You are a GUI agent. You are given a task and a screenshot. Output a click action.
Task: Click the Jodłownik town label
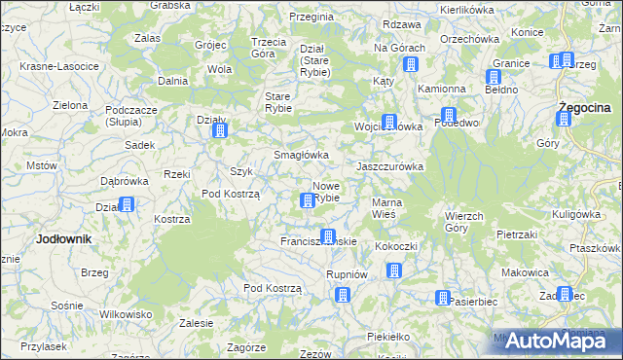[x=63, y=238]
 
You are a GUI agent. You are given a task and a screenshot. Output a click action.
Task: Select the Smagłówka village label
[x=301, y=155]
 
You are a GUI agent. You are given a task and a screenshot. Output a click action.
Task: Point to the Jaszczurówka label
[x=390, y=166]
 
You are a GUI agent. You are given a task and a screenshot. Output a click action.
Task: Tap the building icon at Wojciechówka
[x=390, y=123]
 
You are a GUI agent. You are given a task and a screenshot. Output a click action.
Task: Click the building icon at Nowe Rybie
[x=308, y=200]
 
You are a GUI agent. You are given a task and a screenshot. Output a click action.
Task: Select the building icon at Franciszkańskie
[x=328, y=236]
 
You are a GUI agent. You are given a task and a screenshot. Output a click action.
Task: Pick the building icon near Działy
[x=220, y=130]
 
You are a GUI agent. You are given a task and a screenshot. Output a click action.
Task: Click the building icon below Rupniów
[x=341, y=293]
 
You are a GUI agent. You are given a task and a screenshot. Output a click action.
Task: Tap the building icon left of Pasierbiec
[x=443, y=298]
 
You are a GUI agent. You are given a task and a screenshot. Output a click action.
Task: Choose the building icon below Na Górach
[x=410, y=65]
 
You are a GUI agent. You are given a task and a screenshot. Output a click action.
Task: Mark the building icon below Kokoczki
[x=394, y=270]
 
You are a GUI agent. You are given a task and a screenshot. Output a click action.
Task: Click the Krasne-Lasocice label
[x=59, y=66]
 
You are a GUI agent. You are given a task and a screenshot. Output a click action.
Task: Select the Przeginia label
[x=312, y=18]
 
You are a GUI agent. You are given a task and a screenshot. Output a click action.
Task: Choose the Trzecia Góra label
[x=269, y=48]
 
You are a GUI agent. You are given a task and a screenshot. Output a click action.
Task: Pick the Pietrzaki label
[x=517, y=234]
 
